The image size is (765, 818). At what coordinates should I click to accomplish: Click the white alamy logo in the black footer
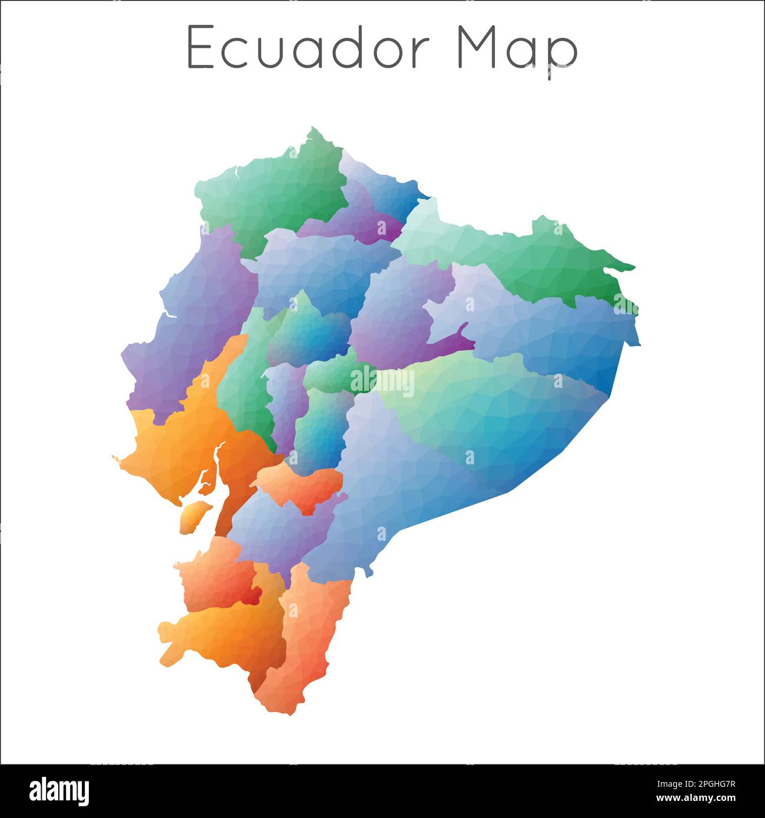(59, 790)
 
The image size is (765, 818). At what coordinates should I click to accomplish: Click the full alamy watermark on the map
(382, 382)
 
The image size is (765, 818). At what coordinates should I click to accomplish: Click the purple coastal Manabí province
(188, 330)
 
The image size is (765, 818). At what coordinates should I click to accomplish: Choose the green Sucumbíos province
(530, 253)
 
